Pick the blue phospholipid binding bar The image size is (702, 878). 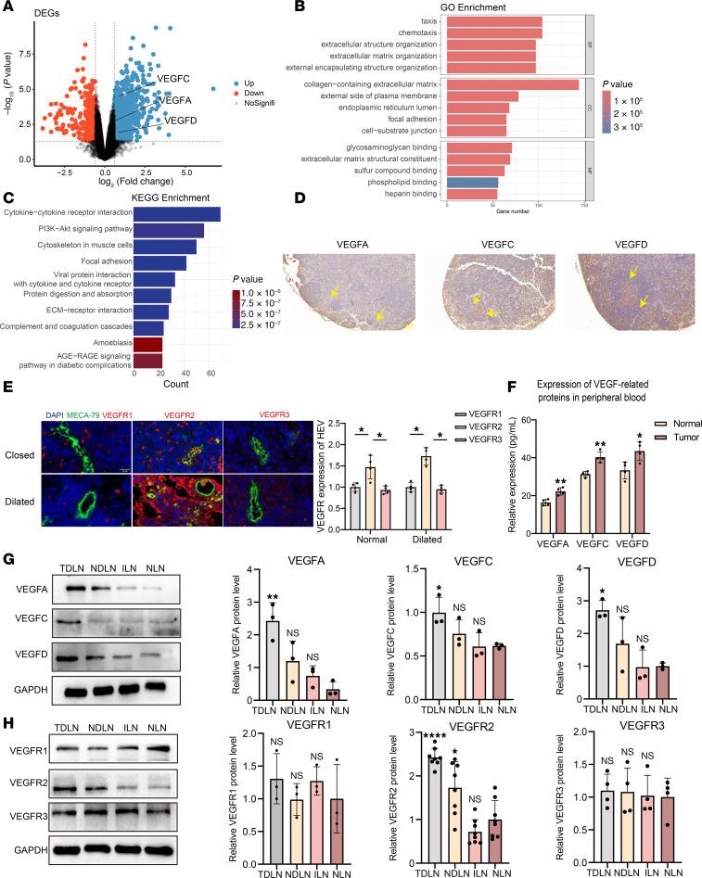tap(472, 183)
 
